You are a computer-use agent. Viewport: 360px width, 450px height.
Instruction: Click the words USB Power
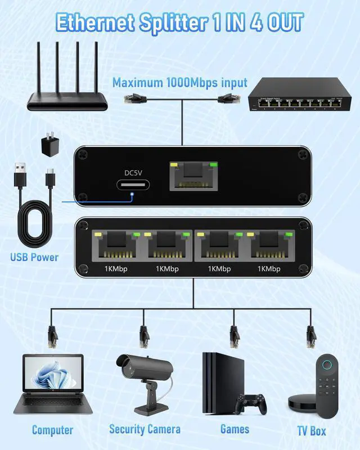34,258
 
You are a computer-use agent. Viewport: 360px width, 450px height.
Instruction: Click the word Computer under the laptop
52,430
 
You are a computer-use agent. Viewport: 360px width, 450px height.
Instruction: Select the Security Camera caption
145,430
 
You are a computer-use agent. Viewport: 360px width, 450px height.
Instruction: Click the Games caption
235,429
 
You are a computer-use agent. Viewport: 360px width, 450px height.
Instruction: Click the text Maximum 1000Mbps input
179,82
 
